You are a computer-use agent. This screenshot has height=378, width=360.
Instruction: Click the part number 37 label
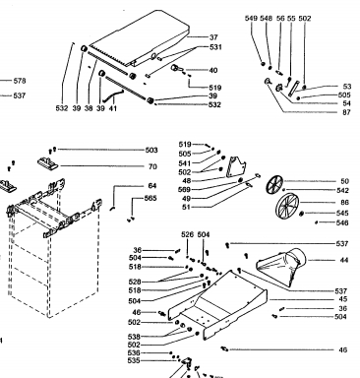[213, 37]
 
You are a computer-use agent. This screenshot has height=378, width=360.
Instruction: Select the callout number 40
[213, 70]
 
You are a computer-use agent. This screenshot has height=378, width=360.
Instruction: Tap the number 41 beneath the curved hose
[113, 108]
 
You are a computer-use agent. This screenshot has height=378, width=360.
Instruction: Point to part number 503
[151, 151]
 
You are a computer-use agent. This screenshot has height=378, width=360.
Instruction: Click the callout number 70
[152, 166]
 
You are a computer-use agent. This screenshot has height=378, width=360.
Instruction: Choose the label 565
[150, 198]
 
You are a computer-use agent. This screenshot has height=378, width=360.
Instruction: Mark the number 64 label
[152, 186]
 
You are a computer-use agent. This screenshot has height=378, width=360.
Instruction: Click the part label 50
[345, 181]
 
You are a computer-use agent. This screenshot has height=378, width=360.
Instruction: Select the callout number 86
[345, 203]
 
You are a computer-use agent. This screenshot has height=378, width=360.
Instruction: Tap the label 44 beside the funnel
[344, 260]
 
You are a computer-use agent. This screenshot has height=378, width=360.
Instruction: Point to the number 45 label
[343, 299]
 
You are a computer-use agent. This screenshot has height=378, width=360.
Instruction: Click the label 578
[20, 81]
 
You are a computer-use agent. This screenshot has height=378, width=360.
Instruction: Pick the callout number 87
[346, 112]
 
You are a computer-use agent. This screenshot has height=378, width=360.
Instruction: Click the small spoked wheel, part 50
[274, 184]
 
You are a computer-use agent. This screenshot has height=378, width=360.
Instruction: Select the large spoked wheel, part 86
[286, 206]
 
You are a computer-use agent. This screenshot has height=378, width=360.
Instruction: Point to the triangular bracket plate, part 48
[237, 166]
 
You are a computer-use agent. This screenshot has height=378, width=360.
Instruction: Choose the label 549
[251, 19]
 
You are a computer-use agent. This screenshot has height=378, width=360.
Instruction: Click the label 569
[184, 190]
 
